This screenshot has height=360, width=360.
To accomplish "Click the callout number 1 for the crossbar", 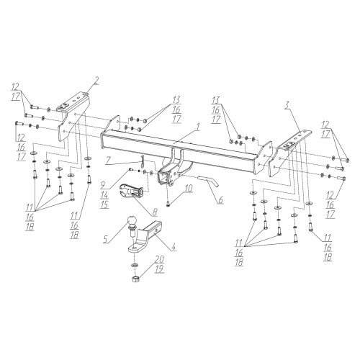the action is pos(197,127).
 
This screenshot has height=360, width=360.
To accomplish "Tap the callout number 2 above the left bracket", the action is pos(96,81).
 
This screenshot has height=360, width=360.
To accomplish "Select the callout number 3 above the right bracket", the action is pos(287,105).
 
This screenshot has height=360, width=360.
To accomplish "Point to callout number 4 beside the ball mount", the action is pos(174,246).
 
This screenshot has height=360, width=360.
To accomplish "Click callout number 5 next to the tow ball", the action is pos(106,238).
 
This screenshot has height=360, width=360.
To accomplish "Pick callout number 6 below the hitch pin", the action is pos(221,199).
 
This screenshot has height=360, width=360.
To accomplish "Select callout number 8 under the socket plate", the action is pos(155,211).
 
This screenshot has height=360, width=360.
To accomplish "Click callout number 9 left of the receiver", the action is pos(104,185).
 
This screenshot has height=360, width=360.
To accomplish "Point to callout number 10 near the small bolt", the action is pos(189,189).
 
